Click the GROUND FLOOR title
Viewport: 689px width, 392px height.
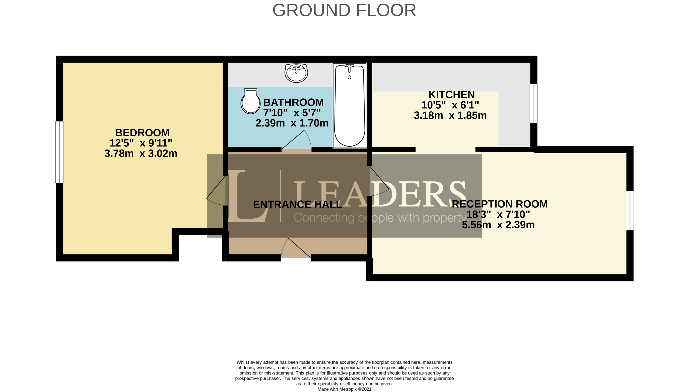tap(344, 10)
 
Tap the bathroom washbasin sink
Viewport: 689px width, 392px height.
tap(296, 73)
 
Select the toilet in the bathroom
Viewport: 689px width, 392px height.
tap(250, 101)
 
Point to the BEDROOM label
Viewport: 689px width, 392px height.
tap(142, 133)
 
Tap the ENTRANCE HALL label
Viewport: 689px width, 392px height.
tap(297, 205)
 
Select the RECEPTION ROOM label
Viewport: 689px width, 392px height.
tap(500, 204)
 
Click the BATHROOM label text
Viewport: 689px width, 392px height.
tap(293, 103)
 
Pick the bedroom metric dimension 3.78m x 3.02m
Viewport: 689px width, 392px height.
tap(141, 153)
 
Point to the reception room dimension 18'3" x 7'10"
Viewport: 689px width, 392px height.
tap(498, 215)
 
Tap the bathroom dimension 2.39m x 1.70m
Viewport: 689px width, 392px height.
tap(292, 123)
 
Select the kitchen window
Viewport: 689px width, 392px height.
tap(534, 103)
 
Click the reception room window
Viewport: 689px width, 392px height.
tap(630, 210)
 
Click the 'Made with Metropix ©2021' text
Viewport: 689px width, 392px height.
tap(345, 389)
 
